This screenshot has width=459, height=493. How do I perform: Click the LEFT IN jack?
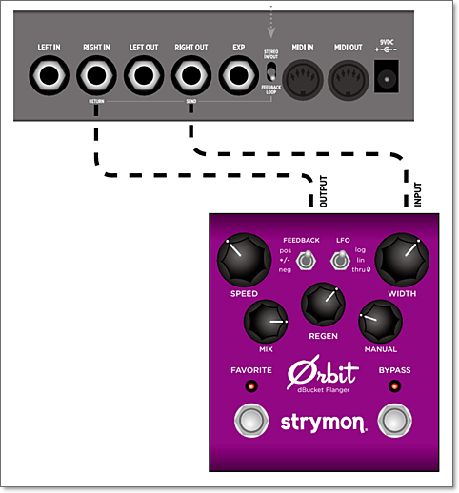click(x=49, y=74)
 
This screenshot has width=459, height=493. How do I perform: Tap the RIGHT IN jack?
click(x=95, y=74)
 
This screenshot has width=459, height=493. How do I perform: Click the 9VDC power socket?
click(x=388, y=73)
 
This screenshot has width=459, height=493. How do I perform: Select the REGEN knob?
click(x=322, y=306)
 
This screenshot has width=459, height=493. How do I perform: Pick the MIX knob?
click(x=266, y=326)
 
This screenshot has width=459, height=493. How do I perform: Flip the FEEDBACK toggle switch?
click(x=306, y=260)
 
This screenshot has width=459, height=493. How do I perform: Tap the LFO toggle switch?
click(x=339, y=260)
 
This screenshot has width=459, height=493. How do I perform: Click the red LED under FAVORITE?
click(x=251, y=386)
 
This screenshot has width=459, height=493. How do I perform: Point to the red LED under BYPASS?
click(x=393, y=386)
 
